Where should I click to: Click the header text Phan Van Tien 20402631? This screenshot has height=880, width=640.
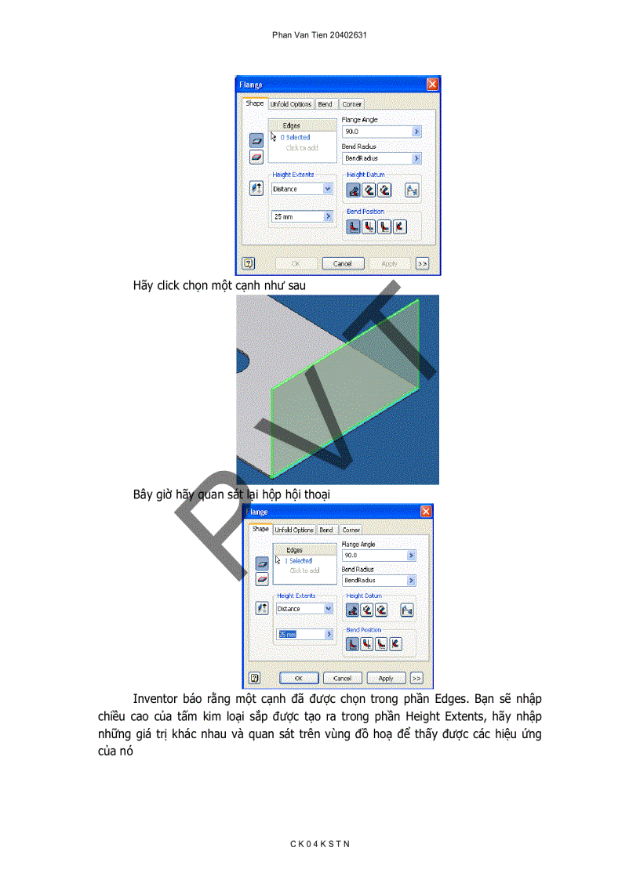point(319,35)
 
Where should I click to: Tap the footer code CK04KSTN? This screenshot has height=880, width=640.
point(319,843)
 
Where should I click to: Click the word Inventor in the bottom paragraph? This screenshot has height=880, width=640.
point(156,698)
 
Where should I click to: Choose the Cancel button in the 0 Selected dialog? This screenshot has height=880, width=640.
point(342,264)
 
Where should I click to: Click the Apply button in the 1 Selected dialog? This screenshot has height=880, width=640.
point(386,679)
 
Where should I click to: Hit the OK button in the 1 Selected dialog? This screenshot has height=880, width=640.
point(299,679)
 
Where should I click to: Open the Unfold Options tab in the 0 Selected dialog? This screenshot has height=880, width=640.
point(291,104)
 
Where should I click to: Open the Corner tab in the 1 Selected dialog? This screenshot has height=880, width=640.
point(351,531)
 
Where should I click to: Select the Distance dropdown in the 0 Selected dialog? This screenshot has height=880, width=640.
point(300,189)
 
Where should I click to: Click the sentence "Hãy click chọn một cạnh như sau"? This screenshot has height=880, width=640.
point(220,286)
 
